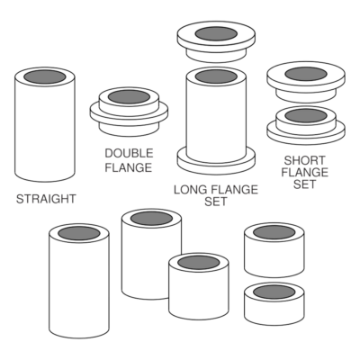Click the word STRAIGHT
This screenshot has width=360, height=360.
[46, 199]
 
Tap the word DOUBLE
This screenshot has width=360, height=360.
[129, 153]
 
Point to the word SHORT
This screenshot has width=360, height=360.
[304, 160]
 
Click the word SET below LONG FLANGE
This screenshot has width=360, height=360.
[216, 202]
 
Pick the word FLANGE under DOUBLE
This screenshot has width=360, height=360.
[129, 167]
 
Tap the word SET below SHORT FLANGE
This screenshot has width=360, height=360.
[304, 184]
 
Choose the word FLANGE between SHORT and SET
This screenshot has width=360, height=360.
[305, 172]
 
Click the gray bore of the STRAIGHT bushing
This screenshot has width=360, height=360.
[45, 76]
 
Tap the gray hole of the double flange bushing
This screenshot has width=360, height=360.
[129, 97]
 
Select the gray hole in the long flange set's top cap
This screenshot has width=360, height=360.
[216, 33]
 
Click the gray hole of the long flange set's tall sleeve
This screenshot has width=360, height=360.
[216, 76]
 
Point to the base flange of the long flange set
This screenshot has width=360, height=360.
[216, 164]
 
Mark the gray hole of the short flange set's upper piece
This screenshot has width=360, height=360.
[306, 74]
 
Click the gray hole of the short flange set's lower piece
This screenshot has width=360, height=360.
[306, 115]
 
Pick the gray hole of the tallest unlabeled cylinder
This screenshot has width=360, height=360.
[79, 233]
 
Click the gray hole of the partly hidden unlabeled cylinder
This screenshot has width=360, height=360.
[152, 218]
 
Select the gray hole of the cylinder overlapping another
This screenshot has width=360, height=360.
[199, 263]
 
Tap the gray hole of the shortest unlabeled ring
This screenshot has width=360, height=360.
[274, 292]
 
